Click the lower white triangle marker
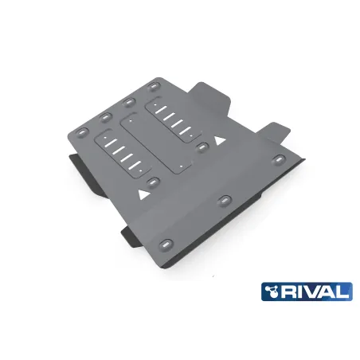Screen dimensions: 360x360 pyautogui.click(x=143, y=192)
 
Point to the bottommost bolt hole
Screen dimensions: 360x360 pyautogui.click(x=166, y=242)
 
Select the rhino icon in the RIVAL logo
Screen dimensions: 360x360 pyautogui.click(x=276, y=291)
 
